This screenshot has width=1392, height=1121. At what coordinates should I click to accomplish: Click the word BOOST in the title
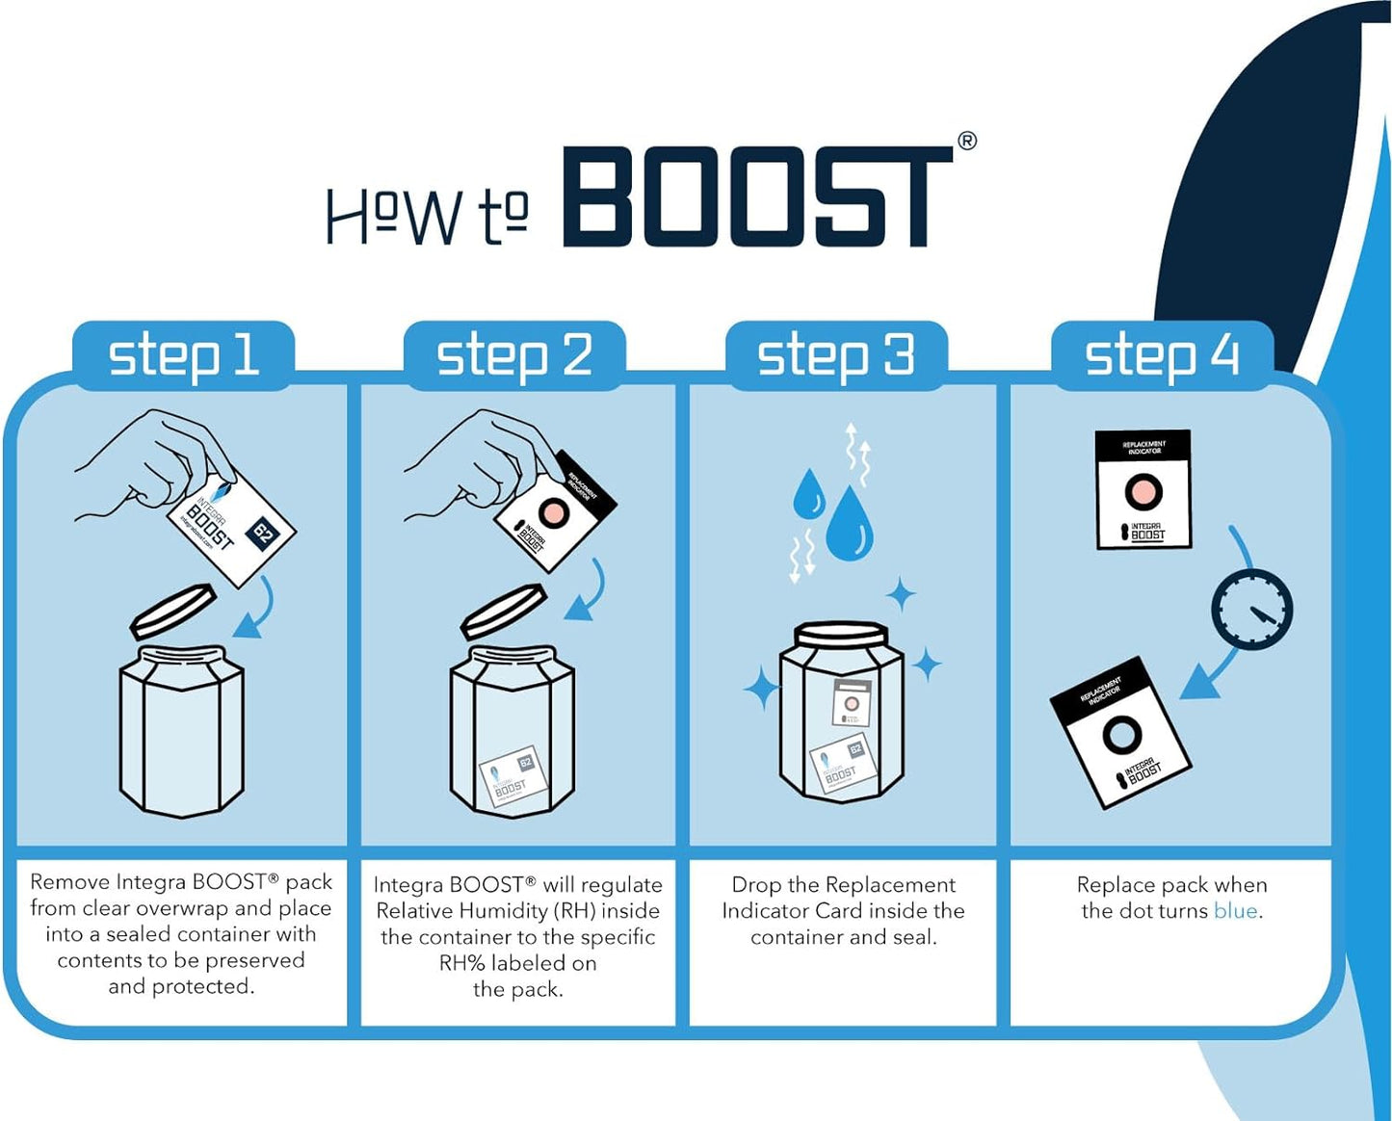click(756, 196)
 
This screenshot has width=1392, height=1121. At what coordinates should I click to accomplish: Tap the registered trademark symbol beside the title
click(966, 141)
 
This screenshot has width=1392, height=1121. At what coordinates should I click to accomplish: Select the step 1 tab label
click(183, 355)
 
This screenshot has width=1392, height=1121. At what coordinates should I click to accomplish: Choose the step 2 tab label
click(514, 355)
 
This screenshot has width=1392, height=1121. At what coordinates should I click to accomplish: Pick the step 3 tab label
click(835, 355)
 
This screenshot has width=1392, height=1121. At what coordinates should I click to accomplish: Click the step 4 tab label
click(1162, 355)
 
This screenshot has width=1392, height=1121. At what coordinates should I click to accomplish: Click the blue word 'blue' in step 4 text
click(1235, 911)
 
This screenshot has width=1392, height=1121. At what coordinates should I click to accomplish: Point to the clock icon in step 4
click(1251, 609)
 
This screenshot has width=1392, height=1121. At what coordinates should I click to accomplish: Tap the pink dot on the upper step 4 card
click(1143, 491)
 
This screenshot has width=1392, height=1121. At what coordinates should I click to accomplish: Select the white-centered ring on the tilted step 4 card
click(1121, 735)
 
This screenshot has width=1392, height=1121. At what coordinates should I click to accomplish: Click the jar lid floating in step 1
click(172, 611)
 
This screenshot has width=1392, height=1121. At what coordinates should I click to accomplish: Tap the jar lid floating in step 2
click(503, 611)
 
